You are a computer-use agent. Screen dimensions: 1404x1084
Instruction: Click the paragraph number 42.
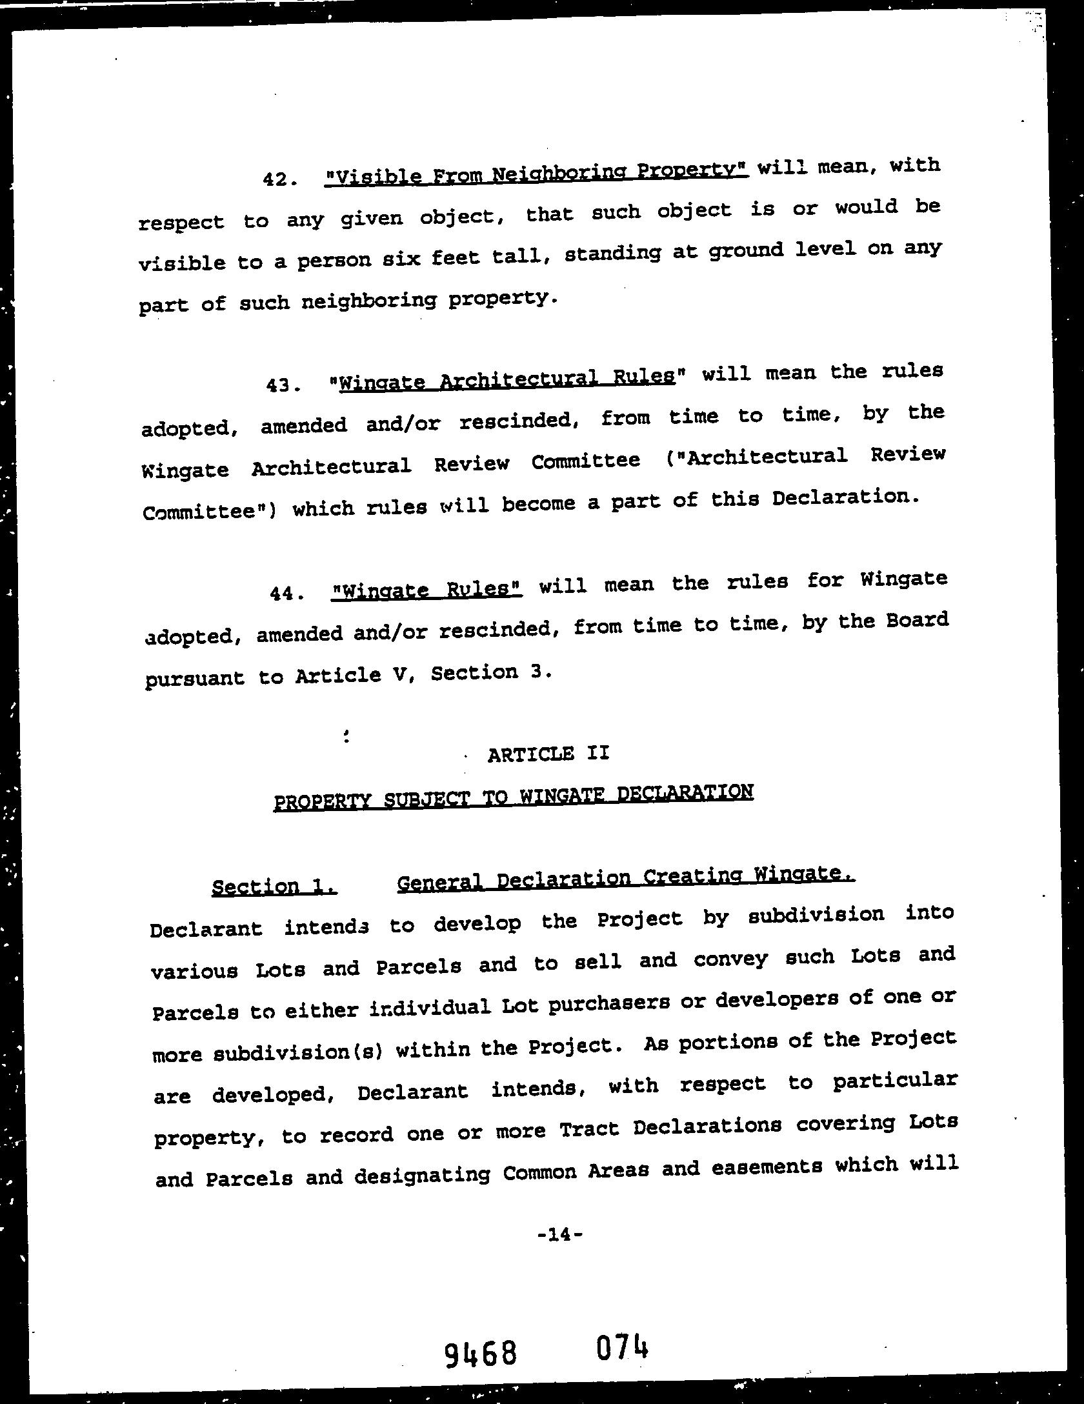pyautogui.click(x=279, y=179)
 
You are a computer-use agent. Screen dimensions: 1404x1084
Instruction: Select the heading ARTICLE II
pyautogui.click(x=548, y=754)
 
